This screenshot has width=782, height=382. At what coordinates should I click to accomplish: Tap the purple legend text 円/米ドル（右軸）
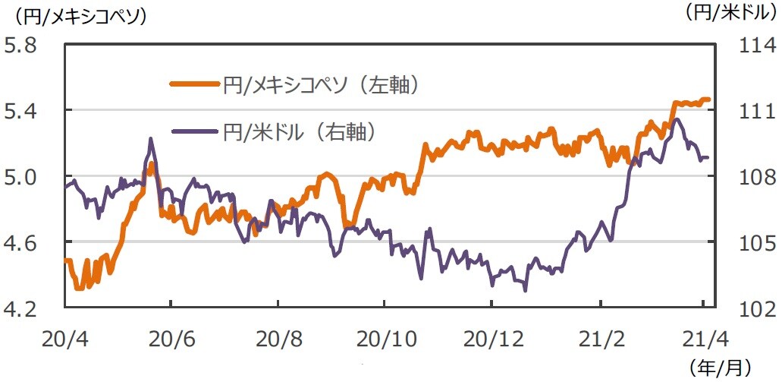300,132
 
